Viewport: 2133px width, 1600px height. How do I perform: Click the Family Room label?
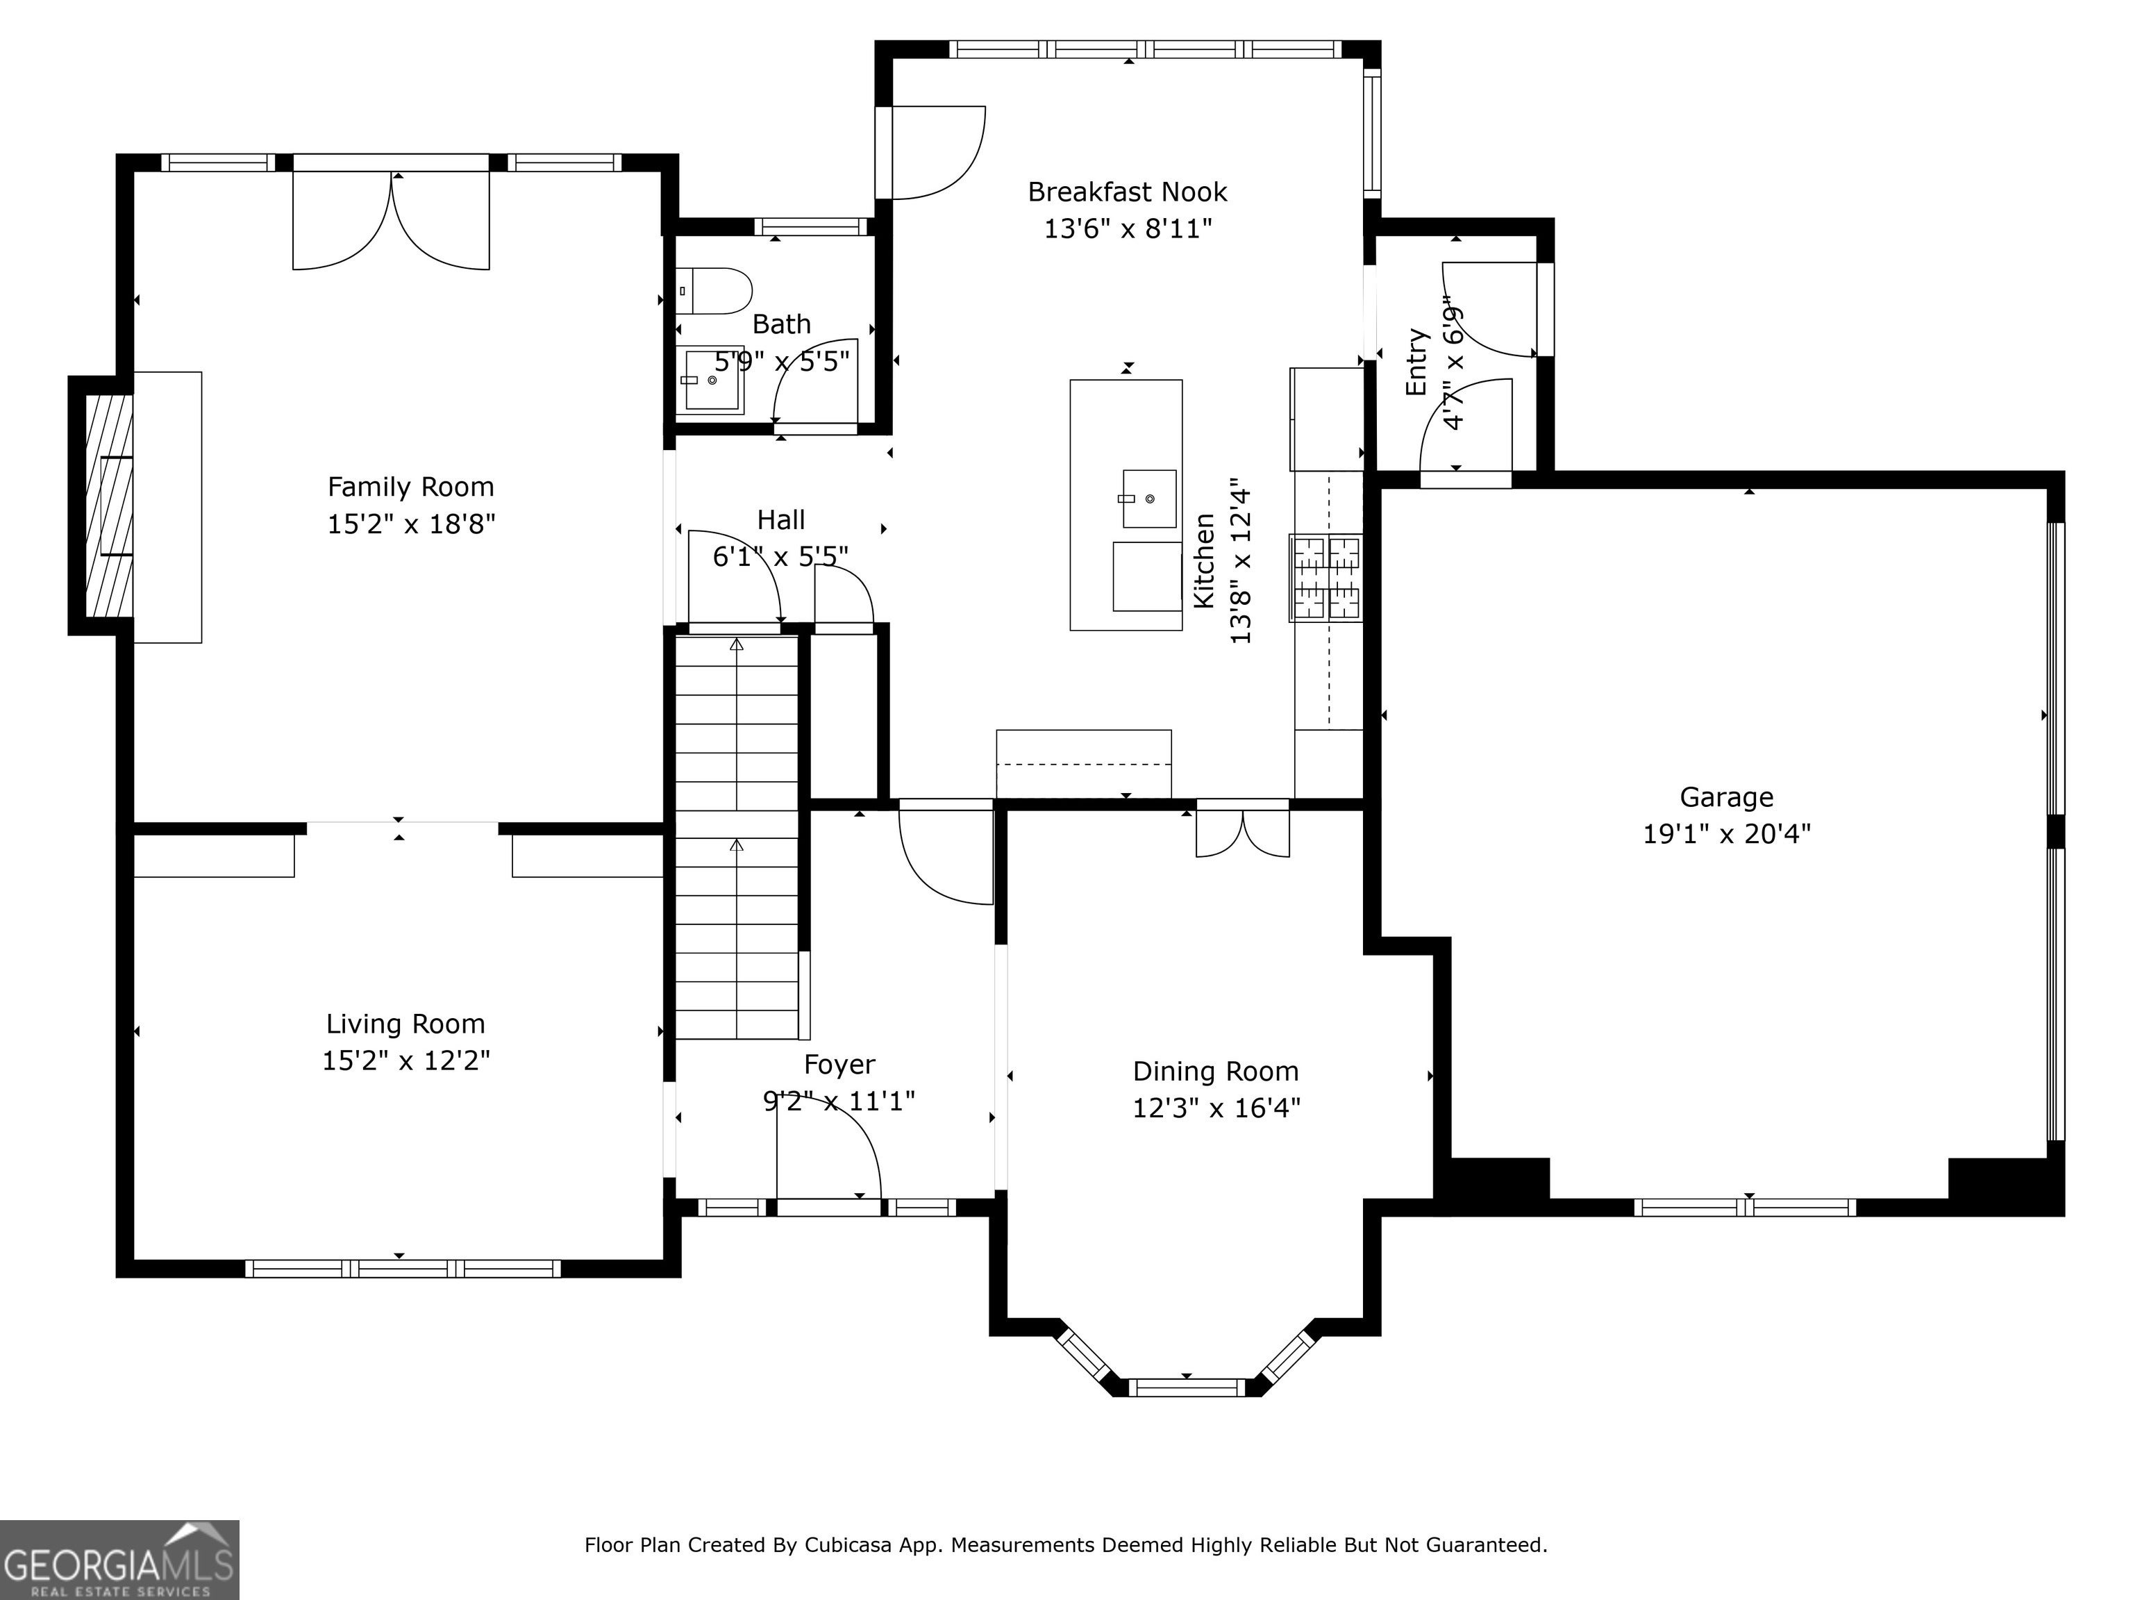click(411, 487)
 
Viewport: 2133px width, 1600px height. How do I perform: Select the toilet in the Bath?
click(714, 291)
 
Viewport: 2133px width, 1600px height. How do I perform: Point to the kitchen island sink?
click(1148, 499)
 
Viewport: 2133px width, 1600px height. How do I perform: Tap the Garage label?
click(1726, 798)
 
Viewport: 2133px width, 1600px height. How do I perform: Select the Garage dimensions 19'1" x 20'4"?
click(1726, 833)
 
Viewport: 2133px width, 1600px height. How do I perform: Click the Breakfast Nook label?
click(1127, 192)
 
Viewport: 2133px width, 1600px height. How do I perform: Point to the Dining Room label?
click(1216, 1072)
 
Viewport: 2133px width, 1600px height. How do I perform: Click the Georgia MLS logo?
click(119, 1560)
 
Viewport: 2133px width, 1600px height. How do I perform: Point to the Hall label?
click(781, 521)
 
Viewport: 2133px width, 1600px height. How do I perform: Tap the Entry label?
click(1416, 362)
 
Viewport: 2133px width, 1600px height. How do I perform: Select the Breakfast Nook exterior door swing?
click(938, 152)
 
